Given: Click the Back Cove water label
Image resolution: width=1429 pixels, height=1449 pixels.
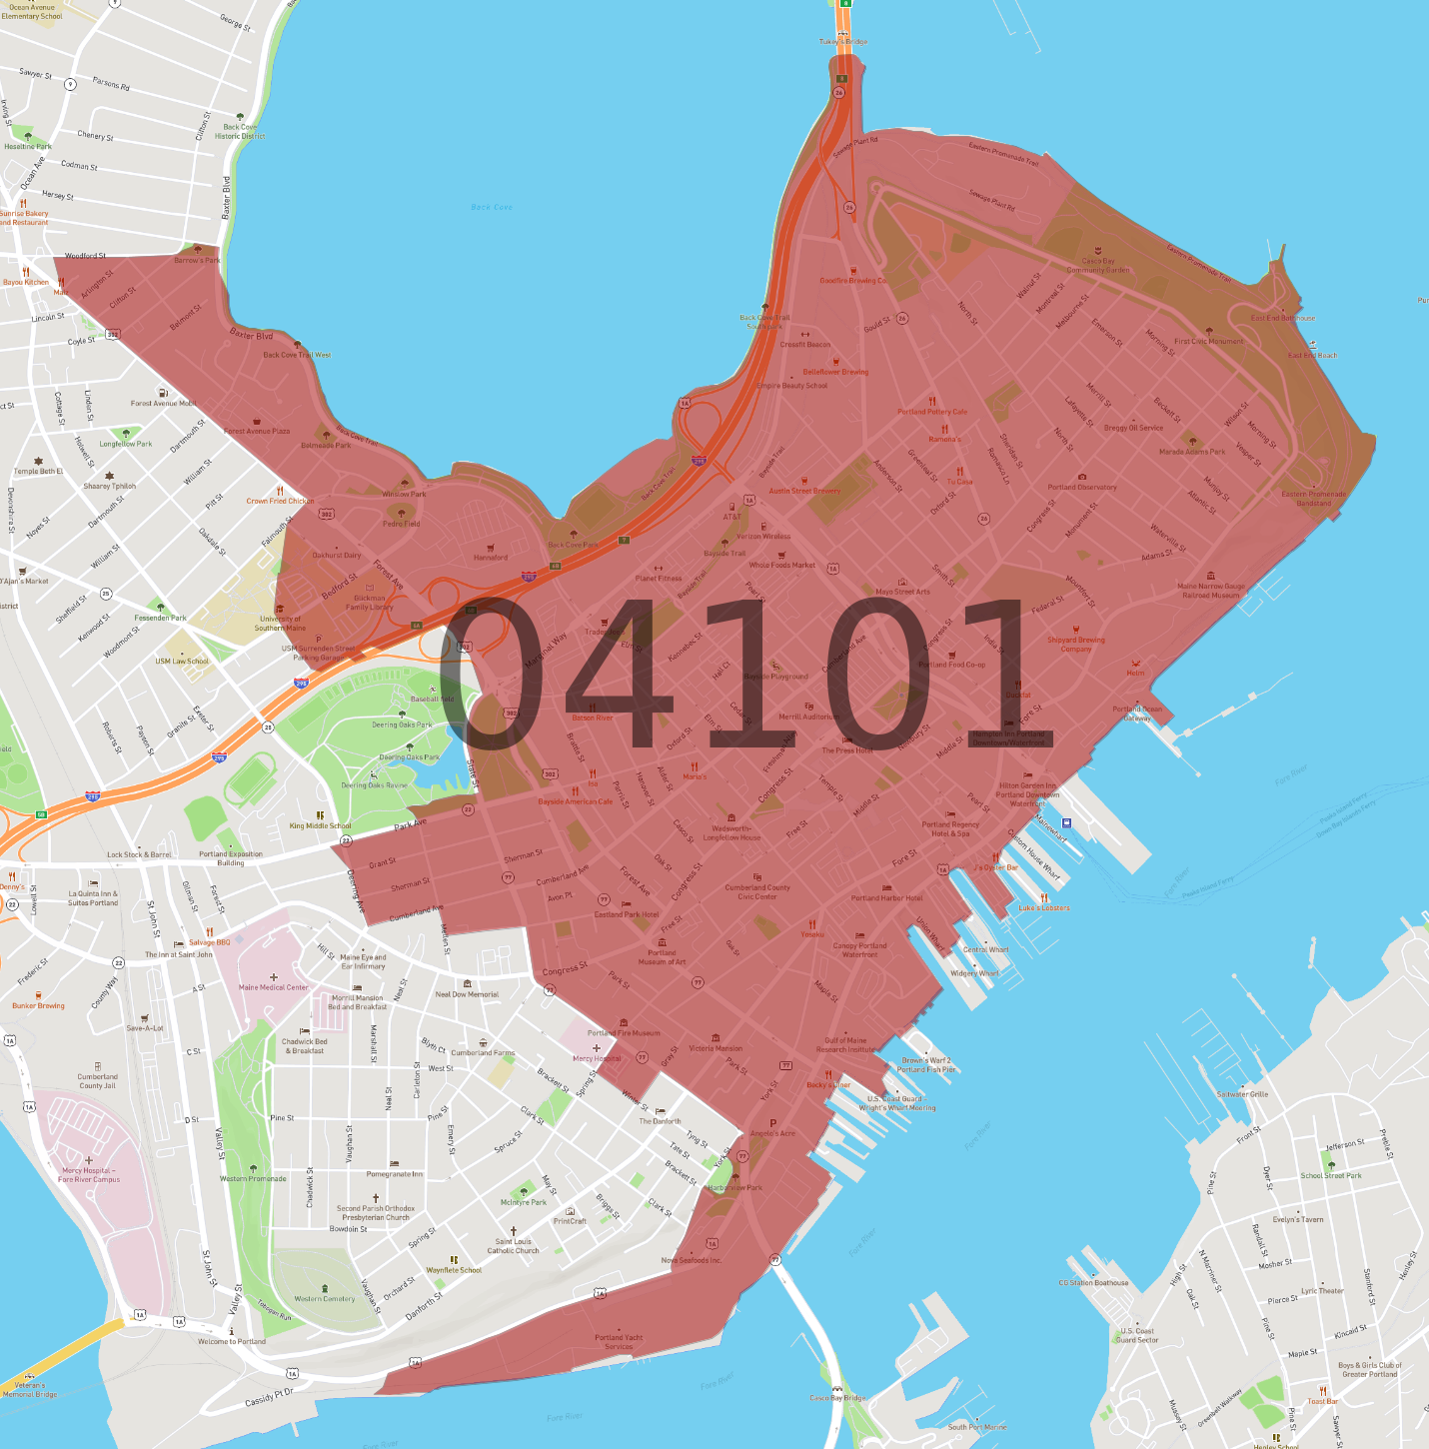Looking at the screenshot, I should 492,207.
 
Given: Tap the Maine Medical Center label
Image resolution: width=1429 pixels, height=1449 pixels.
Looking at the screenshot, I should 273,987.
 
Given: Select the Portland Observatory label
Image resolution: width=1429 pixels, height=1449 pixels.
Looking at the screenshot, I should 1082,487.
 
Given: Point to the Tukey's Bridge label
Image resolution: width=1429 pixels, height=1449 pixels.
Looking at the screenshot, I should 843,42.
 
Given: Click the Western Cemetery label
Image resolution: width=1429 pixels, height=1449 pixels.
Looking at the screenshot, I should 324,1299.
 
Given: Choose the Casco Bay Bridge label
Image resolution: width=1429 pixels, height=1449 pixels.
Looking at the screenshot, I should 837,1398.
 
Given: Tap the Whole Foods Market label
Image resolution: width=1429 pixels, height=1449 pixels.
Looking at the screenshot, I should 782,565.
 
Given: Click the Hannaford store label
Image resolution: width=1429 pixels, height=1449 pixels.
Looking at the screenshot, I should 491,557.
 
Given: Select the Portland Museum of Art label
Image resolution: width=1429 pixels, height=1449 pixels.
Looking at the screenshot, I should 662,957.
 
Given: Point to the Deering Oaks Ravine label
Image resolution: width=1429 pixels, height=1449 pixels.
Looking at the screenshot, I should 375,785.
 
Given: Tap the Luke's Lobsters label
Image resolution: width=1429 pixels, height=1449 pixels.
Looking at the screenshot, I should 1043,907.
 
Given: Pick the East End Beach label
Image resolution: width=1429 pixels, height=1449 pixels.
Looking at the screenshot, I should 1312,355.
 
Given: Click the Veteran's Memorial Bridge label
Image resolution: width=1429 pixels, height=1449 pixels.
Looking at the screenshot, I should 30,1390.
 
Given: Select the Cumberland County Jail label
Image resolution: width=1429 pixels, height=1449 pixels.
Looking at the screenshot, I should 97,1081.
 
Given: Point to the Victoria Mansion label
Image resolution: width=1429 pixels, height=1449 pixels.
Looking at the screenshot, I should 715,1048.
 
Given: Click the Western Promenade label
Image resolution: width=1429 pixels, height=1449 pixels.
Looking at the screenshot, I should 253,1178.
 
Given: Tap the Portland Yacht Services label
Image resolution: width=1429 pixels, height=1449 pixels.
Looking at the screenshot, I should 619,1342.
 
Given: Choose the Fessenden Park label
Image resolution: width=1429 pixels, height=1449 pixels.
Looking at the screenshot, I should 161,618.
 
